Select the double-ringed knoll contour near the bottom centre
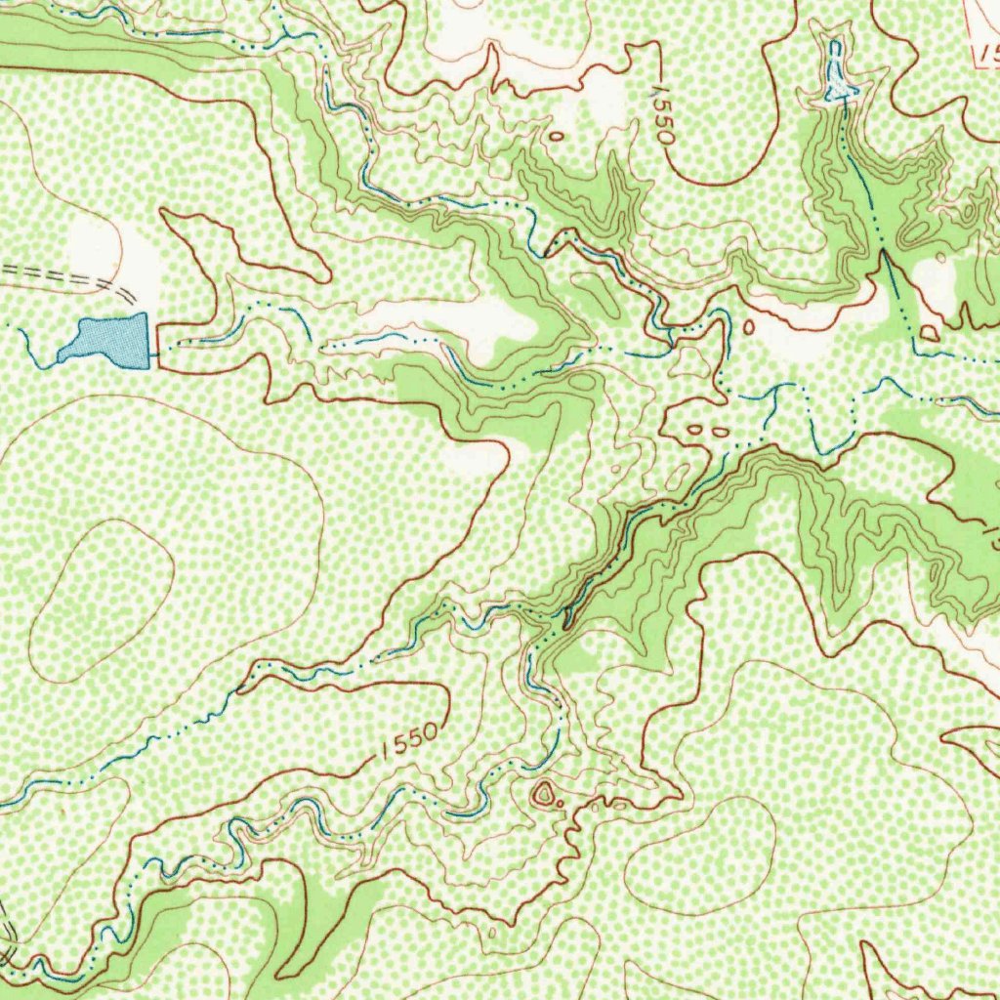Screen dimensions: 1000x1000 tap(542, 793)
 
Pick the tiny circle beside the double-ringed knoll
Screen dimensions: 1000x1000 tap(561, 804)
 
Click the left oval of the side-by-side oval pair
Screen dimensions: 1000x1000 tap(695, 429)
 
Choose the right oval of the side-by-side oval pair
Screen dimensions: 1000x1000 tap(720, 429)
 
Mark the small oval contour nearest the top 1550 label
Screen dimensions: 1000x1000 tap(557, 136)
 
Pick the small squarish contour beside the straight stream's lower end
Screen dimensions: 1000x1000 tap(929, 333)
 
